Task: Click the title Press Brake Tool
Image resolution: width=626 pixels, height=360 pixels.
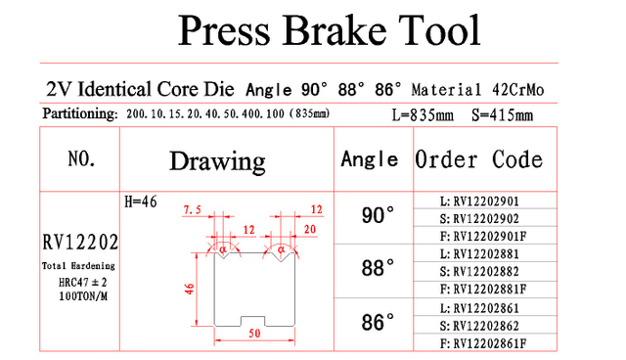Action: pos(329,30)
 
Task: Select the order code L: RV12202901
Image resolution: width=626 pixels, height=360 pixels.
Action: pos(479,202)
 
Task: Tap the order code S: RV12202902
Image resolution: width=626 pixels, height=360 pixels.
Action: pos(479,219)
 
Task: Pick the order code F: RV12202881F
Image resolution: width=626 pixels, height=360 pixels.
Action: pos(483,289)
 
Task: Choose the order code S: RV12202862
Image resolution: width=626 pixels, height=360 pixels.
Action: pos(479,326)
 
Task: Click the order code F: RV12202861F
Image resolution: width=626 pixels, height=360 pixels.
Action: pos(483,343)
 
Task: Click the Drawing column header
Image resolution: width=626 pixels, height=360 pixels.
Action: pos(217,161)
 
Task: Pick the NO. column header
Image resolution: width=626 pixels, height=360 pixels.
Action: pos(81,158)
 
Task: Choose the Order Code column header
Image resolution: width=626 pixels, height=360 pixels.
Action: pos(478,159)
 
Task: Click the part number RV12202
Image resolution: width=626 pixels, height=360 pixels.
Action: pos(80,243)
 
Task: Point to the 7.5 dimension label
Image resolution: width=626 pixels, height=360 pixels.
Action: pos(192,209)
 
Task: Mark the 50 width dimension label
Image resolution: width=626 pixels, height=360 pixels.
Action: pos(254,334)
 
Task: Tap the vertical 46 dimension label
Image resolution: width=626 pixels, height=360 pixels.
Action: pos(189,289)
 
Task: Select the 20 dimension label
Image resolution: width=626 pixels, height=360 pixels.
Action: pos(310,229)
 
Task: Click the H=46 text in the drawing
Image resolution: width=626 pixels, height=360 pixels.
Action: pos(141,202)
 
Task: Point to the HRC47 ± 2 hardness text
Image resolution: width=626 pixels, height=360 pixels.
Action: pos(82,283)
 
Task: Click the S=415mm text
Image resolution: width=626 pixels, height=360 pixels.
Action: pos(502,115)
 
